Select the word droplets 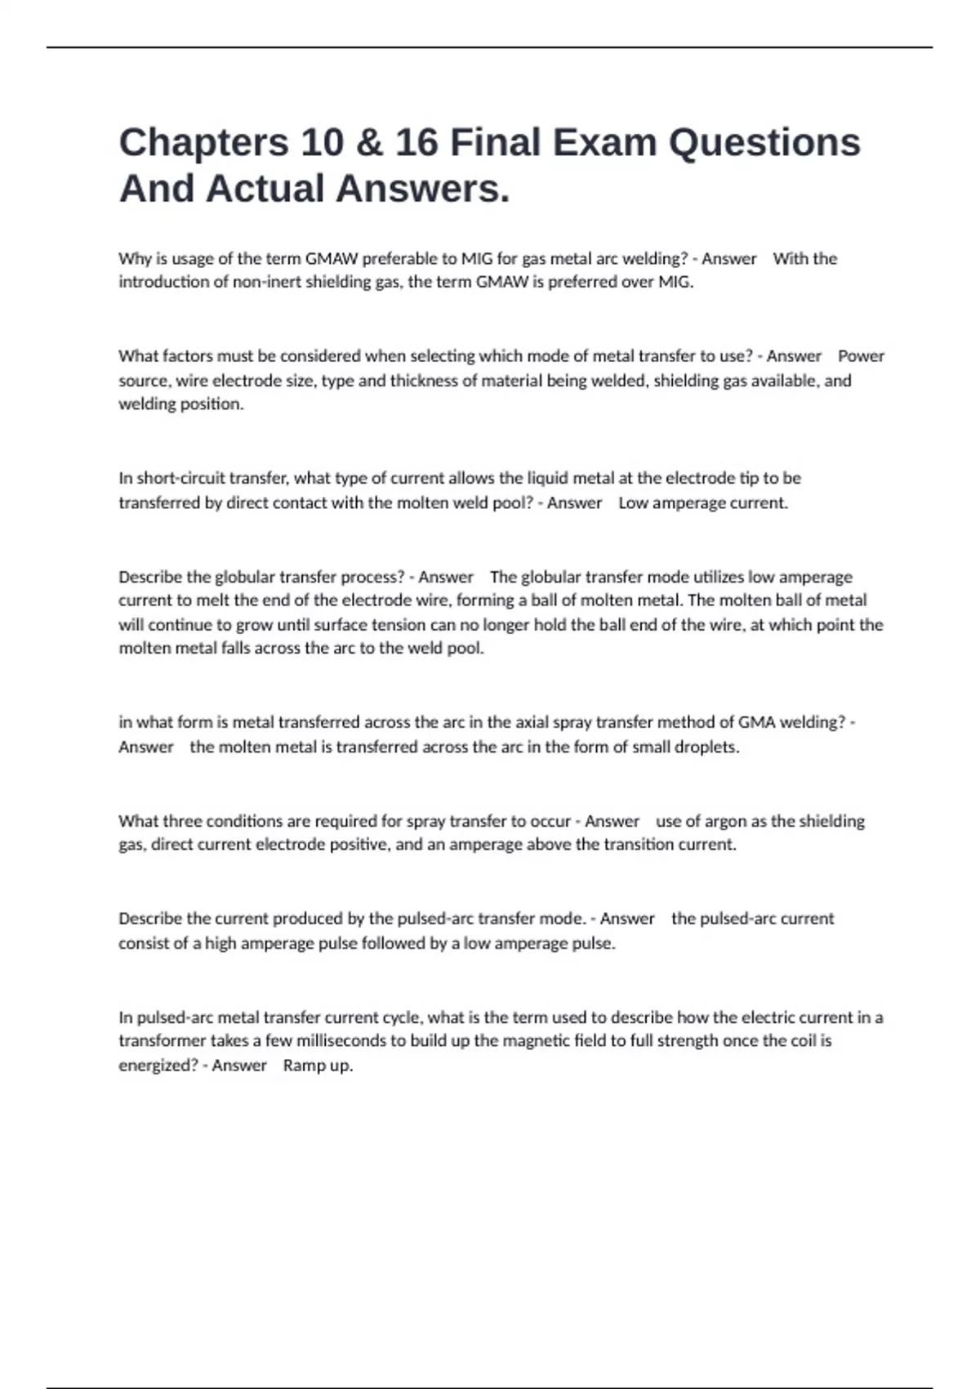tap(706, 747)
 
